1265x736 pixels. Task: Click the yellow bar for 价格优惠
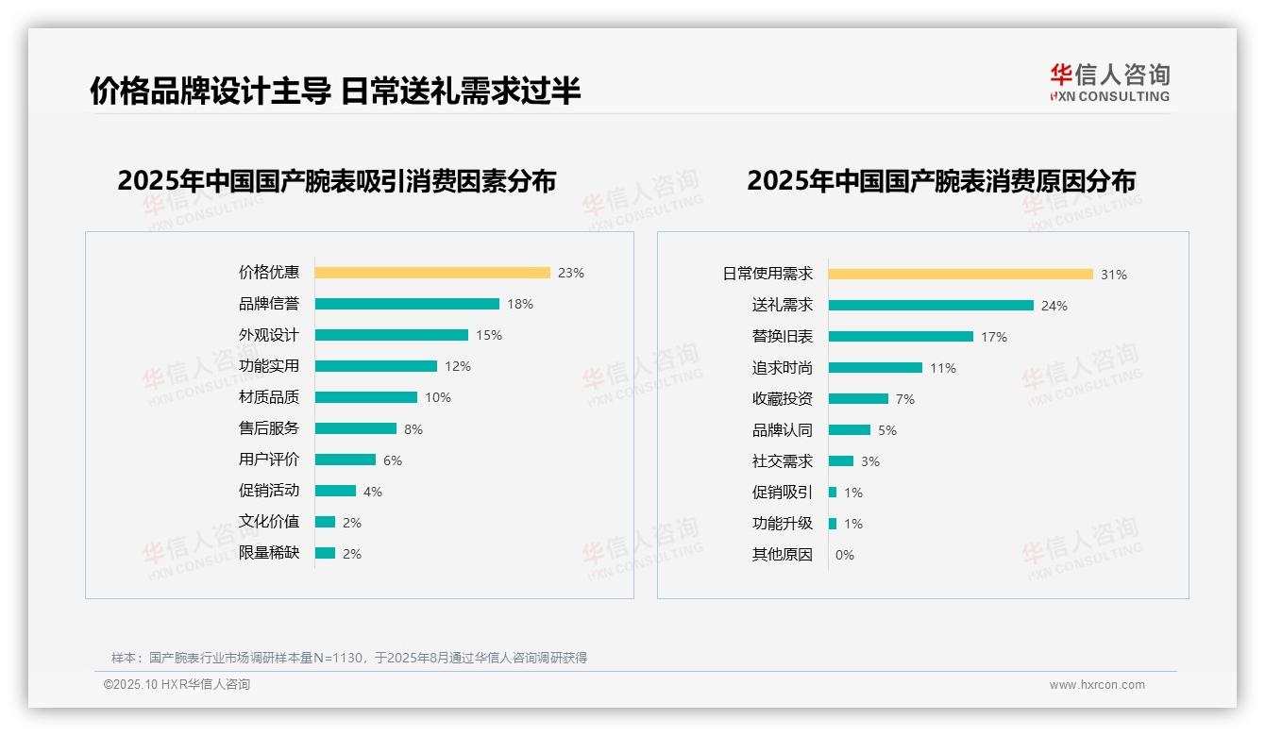coord(432,273)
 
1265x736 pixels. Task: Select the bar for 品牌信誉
coord(407,304)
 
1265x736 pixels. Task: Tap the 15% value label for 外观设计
coord(489,335)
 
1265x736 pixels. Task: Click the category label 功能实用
coord(269,366)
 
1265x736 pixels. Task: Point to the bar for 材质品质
coord(366,397)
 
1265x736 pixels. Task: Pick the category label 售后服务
coord(269,428)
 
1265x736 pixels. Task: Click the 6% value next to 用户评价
coord(393,460)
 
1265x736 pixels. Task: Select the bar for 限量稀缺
coord(325,553)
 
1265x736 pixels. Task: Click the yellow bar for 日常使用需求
coord(961,275)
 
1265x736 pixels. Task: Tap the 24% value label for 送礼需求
coord(1054,306)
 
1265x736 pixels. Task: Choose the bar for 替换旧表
coord(901,337)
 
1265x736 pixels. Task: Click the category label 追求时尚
coord(783,368)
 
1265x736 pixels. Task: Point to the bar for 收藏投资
coord(858,399)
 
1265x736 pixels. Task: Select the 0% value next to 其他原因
coord(845,555)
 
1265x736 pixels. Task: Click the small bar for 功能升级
coord(833,524)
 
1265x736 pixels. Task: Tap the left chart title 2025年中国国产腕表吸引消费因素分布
coord(337,180)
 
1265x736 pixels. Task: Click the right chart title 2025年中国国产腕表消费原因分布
coord(941,180)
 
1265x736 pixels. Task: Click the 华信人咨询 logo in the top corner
coord(1110,82)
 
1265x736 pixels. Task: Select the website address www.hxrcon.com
coord(1097,685)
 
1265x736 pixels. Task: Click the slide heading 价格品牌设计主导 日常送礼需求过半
coord(335,91)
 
